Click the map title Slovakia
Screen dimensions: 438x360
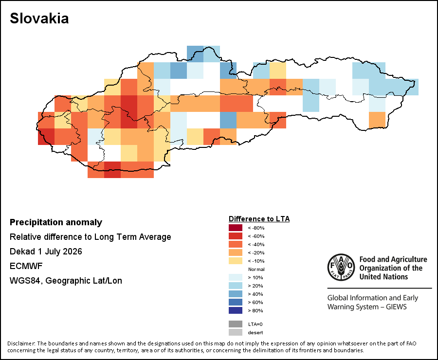point(39,18)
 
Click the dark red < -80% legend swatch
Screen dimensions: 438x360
point(236,228)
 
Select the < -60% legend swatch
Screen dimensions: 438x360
point(236,236)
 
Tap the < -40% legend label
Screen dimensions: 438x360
point(256,244)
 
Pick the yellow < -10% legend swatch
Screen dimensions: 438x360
point(236,261)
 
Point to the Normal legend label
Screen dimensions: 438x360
point(256,269)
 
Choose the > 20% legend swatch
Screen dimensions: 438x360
point(236,286)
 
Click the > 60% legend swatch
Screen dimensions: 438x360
point(236,302)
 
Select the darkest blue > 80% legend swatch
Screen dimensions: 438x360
point(236,310)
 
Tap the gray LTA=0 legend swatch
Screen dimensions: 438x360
point(236,324)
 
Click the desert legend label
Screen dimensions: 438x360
point(255,332)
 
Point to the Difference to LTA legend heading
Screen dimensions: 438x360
point(259,219)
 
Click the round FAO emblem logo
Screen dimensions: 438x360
point(341,267)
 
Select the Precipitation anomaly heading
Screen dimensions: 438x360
point(56,222)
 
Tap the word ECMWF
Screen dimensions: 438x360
point(26,266)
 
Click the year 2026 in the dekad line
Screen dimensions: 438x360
point(73,252)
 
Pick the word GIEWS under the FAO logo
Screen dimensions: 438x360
point(396,306)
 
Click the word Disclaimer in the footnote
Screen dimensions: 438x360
point(21,343)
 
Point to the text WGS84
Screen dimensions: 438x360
point(26,281)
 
